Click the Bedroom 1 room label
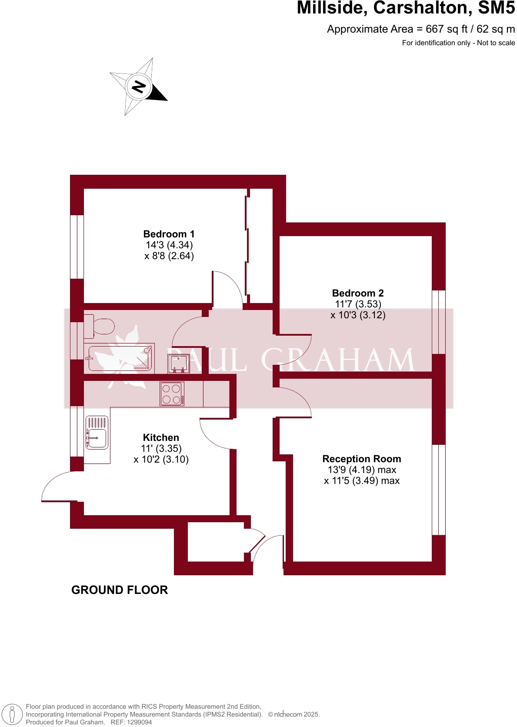point(169,234)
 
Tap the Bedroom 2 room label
point(357,293)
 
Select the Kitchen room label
point(161,438)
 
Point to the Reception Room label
point(361,459)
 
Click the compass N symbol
point(139,86)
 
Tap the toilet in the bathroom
point(100,326)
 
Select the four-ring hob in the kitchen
point(172,394)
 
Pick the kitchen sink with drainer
point(97,433)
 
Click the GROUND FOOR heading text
point(120,590)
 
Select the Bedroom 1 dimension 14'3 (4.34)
point(169,245)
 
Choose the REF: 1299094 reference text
point(131,722)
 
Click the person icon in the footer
point(12,714)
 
